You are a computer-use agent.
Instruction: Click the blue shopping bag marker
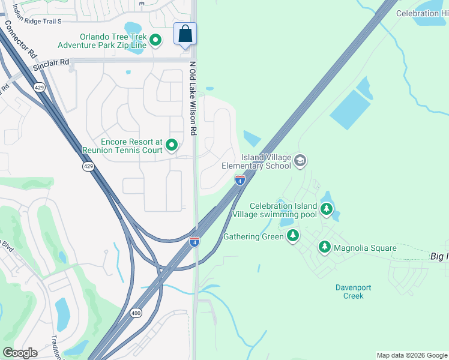[185, 34]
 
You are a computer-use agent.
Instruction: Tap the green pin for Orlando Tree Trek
[155, 40]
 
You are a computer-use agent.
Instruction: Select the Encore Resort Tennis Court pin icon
[172, 145]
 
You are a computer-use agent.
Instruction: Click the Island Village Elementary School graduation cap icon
[300, 161]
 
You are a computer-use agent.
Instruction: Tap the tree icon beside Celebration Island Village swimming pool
[326, 209]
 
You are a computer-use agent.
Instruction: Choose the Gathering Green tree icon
[293, 236]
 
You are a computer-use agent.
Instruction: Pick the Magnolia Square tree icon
[325, 247]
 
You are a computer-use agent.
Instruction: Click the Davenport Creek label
[349, 291]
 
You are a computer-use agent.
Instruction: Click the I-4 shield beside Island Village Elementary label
[240, 179]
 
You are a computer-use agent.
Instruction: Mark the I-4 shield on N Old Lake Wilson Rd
[194, 241]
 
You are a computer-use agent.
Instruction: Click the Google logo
[20, 353]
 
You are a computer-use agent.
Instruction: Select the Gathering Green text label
[253, 236]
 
